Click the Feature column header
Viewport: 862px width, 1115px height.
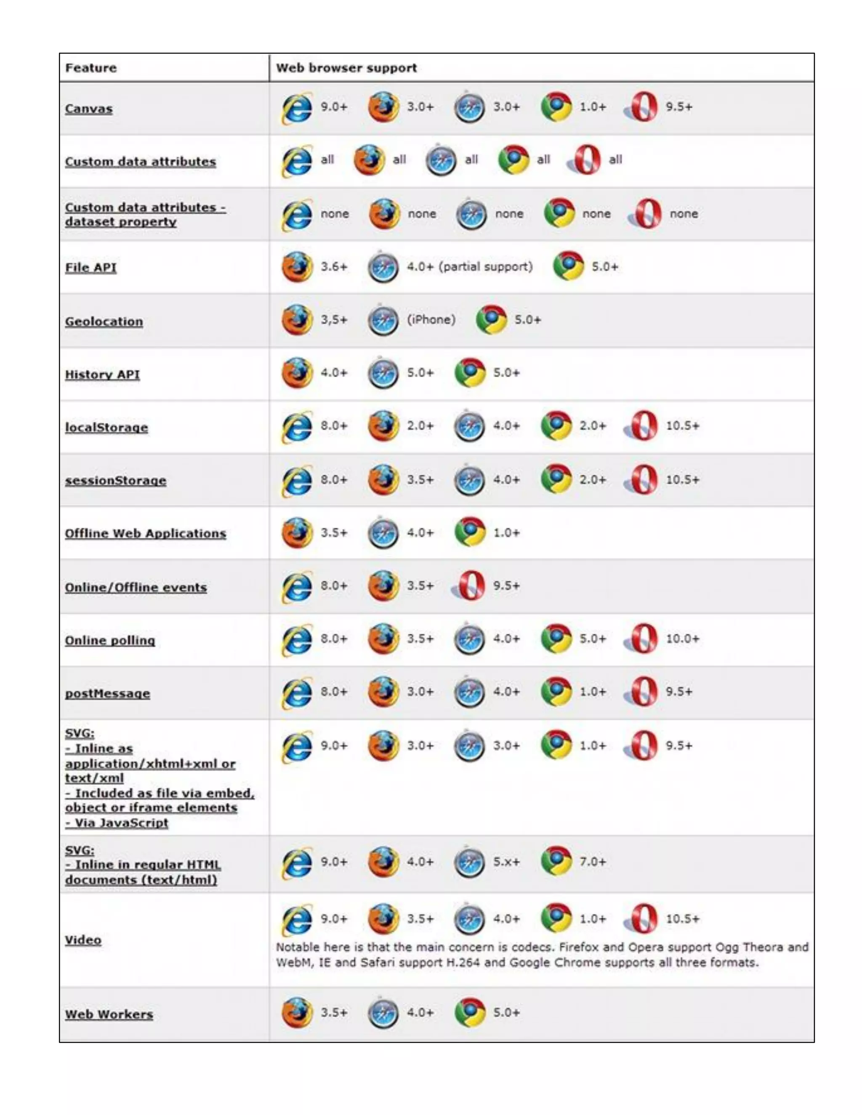coord(91,68)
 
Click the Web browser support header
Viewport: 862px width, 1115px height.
coord(346,68)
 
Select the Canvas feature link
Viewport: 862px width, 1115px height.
coord(89,109)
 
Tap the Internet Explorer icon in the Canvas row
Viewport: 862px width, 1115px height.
coord(297,108)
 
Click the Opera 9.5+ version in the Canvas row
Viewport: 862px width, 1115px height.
coord(678,107)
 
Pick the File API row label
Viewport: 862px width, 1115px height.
coord(91,268)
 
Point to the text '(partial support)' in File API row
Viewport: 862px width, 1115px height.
coord(485,266)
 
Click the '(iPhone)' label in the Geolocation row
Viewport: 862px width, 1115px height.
coord(431,320)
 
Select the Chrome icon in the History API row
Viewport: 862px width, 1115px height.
coord(470,373)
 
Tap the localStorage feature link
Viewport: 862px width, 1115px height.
coord(106,427)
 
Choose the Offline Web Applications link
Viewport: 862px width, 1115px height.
coord(146,534)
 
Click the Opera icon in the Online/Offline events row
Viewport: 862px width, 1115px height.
coord(470,585)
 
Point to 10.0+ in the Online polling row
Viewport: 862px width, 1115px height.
coord(682,639)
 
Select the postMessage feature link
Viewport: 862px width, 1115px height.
coord(107,693)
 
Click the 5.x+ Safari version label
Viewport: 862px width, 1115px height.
coord(506,862)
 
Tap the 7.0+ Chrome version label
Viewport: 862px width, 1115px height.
coord(592,862)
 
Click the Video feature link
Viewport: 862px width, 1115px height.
coord(83,940)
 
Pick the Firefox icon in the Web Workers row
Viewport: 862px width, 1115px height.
coord(297,1012)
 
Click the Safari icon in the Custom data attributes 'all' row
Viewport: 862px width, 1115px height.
coord(441,160)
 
